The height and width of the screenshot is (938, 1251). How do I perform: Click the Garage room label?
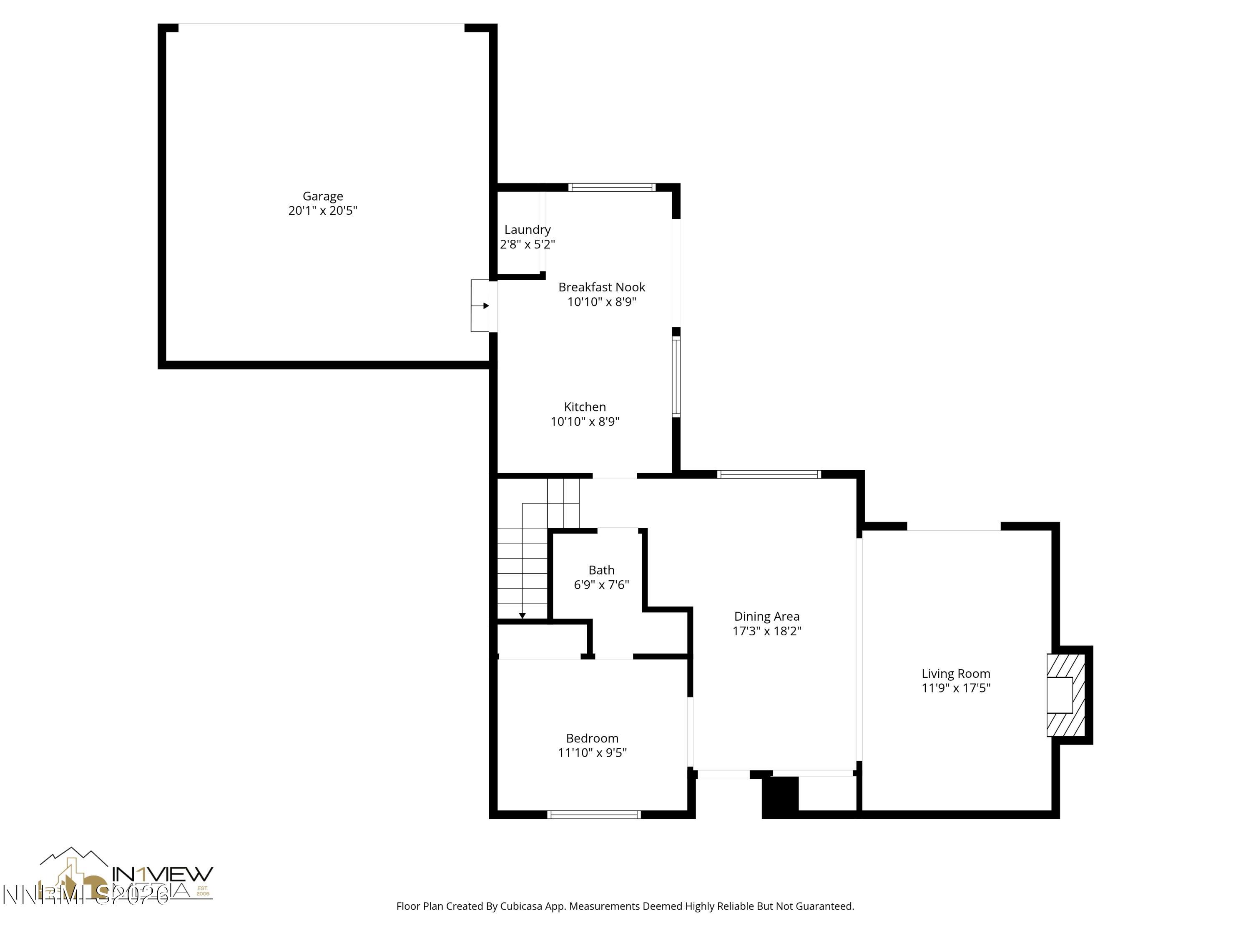[322, 196]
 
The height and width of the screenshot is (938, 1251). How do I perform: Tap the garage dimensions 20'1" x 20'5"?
[322, 211]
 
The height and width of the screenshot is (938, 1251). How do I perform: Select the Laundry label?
[527, 230]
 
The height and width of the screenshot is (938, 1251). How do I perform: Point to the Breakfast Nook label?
[602, 287]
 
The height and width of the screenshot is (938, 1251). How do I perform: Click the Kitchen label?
[585, 407]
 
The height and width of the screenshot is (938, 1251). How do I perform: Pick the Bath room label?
[601, 570]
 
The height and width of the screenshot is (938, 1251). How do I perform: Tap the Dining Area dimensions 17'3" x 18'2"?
[767, 631]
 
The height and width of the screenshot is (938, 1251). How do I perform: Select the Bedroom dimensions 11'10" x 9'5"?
[592, 752]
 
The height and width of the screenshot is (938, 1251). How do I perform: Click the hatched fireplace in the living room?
[1065, 695]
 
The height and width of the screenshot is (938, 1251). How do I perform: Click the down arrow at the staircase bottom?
[523, 615]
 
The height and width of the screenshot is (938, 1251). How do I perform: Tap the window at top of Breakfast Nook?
[612, 188]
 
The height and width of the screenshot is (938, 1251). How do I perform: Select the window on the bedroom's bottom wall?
[594, 815]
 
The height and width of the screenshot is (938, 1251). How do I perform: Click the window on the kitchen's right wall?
[676, 377]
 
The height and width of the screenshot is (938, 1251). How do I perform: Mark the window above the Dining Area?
[769, 474]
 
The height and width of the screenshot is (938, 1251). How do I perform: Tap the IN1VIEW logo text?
[163, 874]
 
